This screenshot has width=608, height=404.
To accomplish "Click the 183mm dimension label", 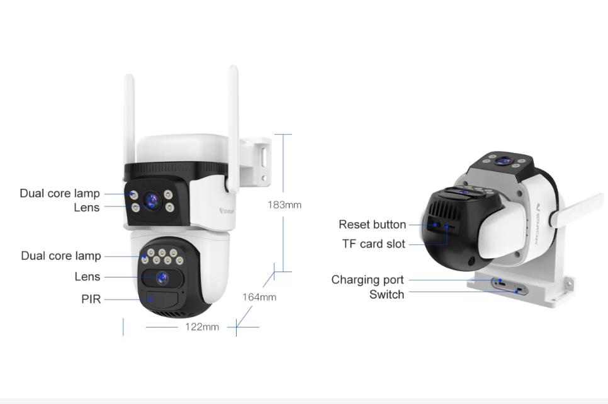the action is (x=284, y=205).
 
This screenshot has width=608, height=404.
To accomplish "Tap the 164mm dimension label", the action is (x=259, y=297).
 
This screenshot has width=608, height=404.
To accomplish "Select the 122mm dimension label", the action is (x=202, y=327).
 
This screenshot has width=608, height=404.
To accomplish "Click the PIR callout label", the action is (x=91, y=300).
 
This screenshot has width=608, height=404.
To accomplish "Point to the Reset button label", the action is (x=372, y=225).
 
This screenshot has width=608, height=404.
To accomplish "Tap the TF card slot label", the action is (x=373, y=244).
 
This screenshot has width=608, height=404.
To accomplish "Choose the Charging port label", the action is (x=368, y=280).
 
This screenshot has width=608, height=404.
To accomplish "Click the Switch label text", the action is (x=386, y=295).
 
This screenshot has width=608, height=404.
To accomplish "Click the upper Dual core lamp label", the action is (x=60, y=193).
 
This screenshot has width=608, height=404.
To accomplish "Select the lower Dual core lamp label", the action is (x=60, y=255).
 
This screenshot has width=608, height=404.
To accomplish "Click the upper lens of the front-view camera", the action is (x=151, y=201).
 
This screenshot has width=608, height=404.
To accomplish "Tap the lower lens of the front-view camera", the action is (x=162, y=276).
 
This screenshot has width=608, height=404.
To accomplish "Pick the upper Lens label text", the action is (x=86, y=207).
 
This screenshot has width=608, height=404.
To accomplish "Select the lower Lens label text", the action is (x=87, y=277).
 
